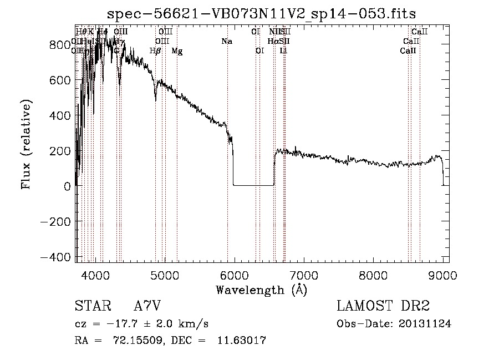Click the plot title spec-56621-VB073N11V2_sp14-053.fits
pyautogui.click(x=262, y=13)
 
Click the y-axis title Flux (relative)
pyautogui.click(x=26, y=144)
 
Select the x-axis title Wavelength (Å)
pyautogui.click(x=261, y=289)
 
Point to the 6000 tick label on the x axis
pyautogui.click(x=235, y=274)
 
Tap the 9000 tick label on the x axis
pyautogui.click(x=442, y=274)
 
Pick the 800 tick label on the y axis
pyautogui.click(x=60, y=45)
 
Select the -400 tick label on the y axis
pyautogui.click(x=55, y=257)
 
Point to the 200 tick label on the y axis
pyautogui.click(x=60, y=151)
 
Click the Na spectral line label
pyautogui.click(x=226, y=41)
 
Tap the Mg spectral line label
pyautogui.click(x=177, y=51)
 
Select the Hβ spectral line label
pyautogui.click(x=156, y=51)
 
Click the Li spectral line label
pyautogui.click(x=283, y=51)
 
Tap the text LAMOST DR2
pyautogui.click(x=383, y=306)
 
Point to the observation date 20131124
pyautogui.click(x=426, y=324)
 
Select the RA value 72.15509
pyautogui.click(x=137, y=341)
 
